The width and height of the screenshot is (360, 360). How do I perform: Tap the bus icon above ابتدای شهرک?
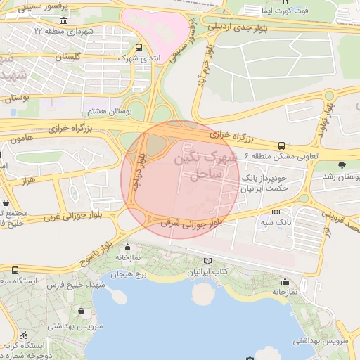[138, 48]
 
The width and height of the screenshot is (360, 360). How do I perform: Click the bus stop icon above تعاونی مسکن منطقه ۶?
[281, 145]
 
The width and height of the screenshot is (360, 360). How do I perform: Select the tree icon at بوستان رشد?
[342, 165]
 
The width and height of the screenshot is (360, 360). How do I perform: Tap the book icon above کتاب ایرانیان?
[206, 261]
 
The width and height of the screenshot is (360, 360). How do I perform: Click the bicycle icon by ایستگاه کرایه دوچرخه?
[24, 335]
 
